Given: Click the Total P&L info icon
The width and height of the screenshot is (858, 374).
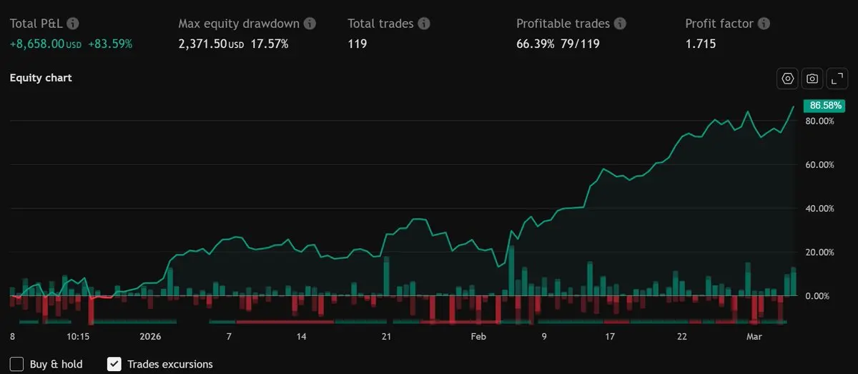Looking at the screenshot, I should pos(73,24).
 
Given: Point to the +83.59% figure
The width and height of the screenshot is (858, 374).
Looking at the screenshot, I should pos(109,44).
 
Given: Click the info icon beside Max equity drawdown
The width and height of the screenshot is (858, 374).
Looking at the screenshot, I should pos(310,24).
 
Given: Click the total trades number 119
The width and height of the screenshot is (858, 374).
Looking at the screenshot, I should pos(357,44).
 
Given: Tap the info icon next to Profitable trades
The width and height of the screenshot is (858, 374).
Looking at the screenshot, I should pos(620,24).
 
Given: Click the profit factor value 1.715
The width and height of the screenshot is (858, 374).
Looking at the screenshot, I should pos(700,44).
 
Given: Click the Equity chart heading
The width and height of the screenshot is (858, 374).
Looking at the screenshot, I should pos(41,78).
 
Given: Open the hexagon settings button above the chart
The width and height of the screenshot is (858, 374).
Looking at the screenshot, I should pos(788,79).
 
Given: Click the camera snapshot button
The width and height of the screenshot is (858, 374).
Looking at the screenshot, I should pos(812,79).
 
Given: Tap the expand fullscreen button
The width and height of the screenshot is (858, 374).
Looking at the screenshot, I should pos(837,79).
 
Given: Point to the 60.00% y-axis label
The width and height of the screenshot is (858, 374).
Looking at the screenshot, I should pos(820,165).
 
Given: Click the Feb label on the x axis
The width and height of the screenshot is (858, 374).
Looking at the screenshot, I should pos(478,336).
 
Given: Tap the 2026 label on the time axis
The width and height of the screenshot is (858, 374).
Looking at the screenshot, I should pos(151,336).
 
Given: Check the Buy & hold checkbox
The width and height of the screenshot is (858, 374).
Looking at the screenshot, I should pos(17,364).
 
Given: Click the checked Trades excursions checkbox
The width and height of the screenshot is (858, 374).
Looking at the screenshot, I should pos(114,364).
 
